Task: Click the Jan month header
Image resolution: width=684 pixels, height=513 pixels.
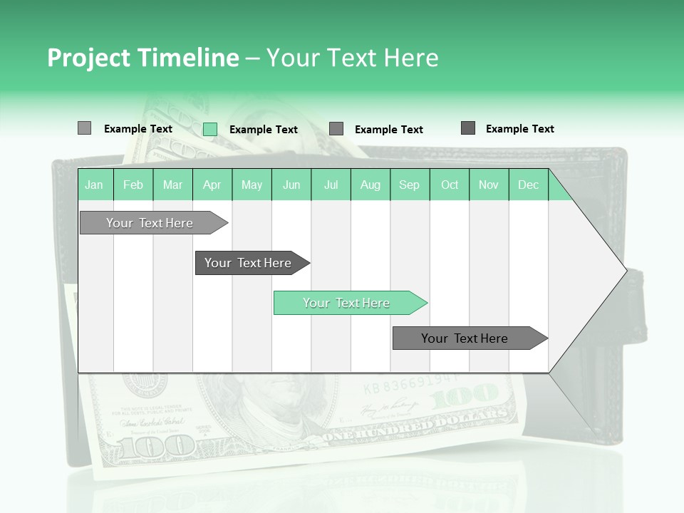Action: pyautogui.click(x=95, y=185)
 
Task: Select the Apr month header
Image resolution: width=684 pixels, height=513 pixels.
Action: pyautogui.click(x=212, y=185)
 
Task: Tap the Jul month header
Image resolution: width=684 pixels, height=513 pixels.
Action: pyautogui.click(x=331, y=185)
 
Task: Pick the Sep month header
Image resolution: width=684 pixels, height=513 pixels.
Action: pyautogui.click(x=409, y=185)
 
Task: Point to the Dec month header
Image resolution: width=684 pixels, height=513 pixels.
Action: pyautogui.click(x=528, y=185)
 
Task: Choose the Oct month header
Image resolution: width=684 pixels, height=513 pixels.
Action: pyautogui.click(x=450, y=185)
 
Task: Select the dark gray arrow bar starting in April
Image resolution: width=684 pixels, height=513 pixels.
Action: pyautogui.click(x=249, y=263)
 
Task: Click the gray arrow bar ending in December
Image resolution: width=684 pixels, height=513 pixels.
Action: pyautogui.click(x=467, y=338)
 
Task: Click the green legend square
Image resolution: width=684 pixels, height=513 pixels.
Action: pyautogui.click(x=210, y=129)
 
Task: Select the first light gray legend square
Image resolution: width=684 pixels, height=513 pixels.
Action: pyautogui.click(x=84, y=128)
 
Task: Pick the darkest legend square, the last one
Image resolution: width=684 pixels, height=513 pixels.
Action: pyautogui.click(x=468, y=128)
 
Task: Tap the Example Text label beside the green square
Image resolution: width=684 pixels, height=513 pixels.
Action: pyautogui.click(x=264, y=130)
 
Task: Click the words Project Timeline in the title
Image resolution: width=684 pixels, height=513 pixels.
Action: pyautogui.click(x=142, y=58)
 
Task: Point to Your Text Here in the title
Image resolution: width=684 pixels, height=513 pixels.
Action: pyautogui.click(x=352, y=58)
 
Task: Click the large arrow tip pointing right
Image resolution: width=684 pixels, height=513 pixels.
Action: pyautogui.click(x=613, y=271)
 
